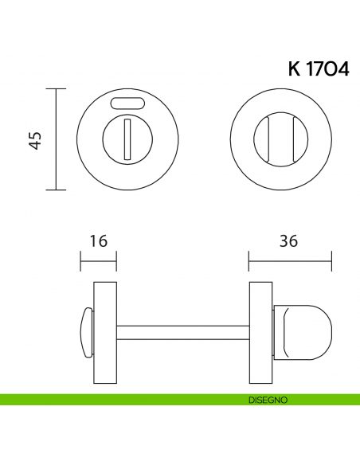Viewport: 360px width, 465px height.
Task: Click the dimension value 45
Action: click(34, 139)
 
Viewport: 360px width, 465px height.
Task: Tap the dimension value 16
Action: click(99, 240)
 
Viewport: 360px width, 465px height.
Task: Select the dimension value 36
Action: click(289, 240)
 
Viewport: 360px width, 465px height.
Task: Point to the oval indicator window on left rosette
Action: click(127, 103)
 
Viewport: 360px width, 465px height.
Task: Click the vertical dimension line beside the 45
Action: click(56, 139)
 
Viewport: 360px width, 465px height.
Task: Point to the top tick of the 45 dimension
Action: click(56, 89)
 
